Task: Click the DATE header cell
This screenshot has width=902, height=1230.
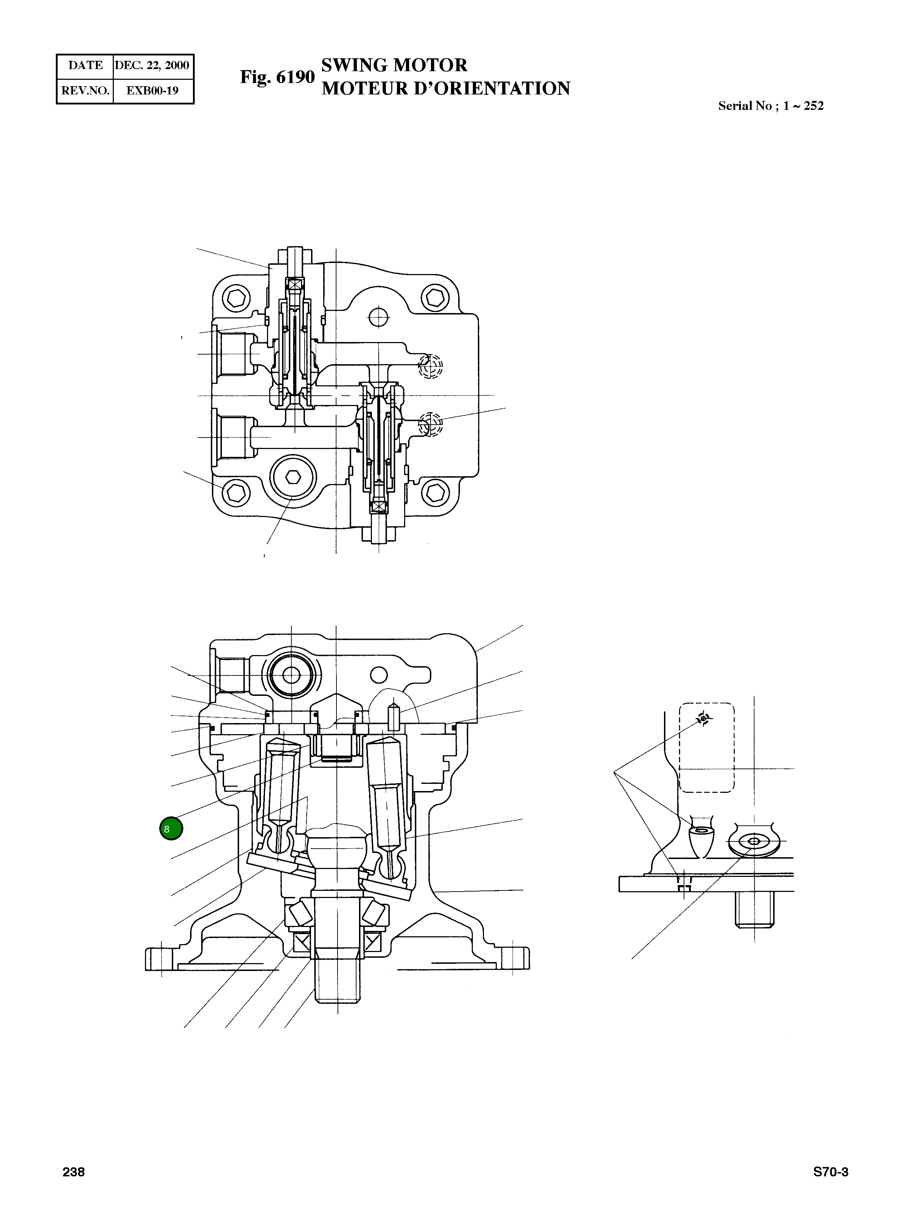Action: pyautogui.click(x=85, y=65)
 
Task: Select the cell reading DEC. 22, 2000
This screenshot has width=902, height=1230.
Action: pyautogui.click(x=152, y=65)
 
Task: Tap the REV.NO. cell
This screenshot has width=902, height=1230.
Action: pyautogui.click(x=85, y=91)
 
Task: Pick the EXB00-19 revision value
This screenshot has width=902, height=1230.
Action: pyautogui.click(x=152, y=91)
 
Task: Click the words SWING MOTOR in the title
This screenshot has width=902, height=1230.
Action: pyautogui.click(x=394, y=65)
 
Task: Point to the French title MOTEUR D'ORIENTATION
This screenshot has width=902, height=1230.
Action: pyautogui.click(x=446, y=88)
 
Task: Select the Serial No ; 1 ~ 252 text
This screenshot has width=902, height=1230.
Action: pyautogui.click(x=770, y=106)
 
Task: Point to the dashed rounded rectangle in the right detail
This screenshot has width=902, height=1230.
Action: pyautogui.click(x=707, y=748)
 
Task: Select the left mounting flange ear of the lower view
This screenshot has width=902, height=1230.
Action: pyautogui.click(x=156, y=959)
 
